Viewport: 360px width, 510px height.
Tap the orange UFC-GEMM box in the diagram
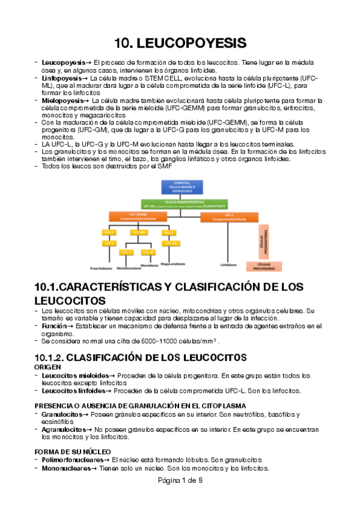pyautogui.click(x=138, y=217)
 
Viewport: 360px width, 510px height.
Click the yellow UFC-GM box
pyautogui.click(x=138, y=232)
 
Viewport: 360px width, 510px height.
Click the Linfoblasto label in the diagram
pyautogui.click(x=229, y=264)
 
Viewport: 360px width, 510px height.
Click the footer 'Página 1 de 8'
pyautogui.click(x=180, y=481)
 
